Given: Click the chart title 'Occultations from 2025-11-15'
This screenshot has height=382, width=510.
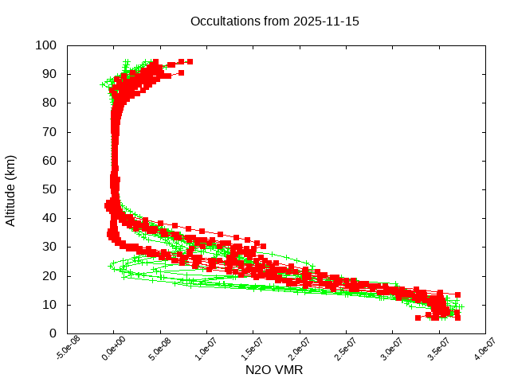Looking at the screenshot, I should (x=275, y=21).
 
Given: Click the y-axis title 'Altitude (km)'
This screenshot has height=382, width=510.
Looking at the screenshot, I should (x=11, y=189).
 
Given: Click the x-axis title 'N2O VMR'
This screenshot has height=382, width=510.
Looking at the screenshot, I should (x=274, y=370).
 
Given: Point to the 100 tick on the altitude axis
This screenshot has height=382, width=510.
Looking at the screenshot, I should (x=45, y=45).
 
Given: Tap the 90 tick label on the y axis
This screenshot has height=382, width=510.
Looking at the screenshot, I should (x=49, y=74).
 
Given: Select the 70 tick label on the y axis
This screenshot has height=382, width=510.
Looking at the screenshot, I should (x=49, y=131).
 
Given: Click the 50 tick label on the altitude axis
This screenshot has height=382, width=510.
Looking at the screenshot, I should (x=49, y=189).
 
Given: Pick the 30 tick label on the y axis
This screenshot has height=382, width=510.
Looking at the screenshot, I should (x=49, y=247).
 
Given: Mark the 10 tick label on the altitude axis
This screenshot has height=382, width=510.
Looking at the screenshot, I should (x=49, y=305).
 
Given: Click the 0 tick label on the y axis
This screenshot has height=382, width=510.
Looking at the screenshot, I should (x=52, y=333).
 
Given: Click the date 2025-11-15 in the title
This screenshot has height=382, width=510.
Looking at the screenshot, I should (x=327, y=21).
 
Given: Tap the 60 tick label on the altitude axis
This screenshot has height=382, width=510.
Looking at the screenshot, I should (x=49, y=161).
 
